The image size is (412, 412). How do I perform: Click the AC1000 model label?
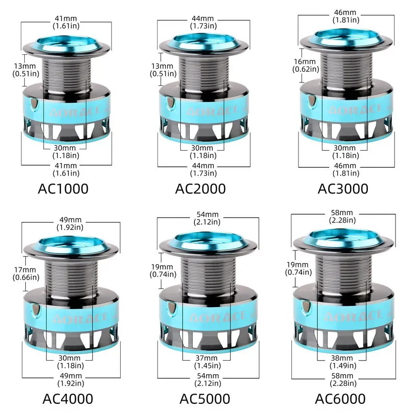click(63, 189)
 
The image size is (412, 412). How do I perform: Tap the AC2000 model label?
click(201, 189)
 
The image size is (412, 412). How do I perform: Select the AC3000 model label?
click(343, 189)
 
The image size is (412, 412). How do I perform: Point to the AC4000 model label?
click(68, 398)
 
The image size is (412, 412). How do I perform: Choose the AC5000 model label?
click(205, 398)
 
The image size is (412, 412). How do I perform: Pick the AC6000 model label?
click(340, 398)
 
